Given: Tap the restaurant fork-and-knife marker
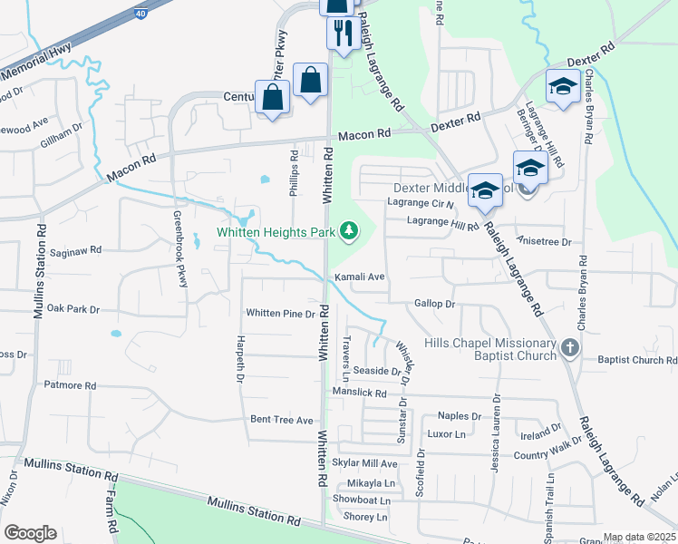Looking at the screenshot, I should pyautogui.click(x=340, y=34).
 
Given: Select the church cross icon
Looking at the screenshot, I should pyautogui.click(x=568, y=347).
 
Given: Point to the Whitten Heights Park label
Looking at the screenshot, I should pyautogui.click(x=276, y=232).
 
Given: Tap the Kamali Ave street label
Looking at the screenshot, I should pyautogui.click(x=360, y=277).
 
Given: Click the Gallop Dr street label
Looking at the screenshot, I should pyautogui.click(x=433, y=305).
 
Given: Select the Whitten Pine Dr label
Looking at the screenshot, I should pyautogui.click(x=280, y=314).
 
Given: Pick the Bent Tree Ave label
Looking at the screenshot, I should pyautogui.click(x=282, y=420).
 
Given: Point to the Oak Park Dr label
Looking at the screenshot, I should pyautogui.click(x=73, y=309).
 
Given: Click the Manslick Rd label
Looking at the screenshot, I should pyautogui.click(x=359, y=393).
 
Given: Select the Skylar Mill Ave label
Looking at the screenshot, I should pyautogui.click(x=365, y=463).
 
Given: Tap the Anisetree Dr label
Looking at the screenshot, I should pyautogui.click(x=544, y=242).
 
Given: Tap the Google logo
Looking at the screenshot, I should pyautogui.click(x=30, y=533).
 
